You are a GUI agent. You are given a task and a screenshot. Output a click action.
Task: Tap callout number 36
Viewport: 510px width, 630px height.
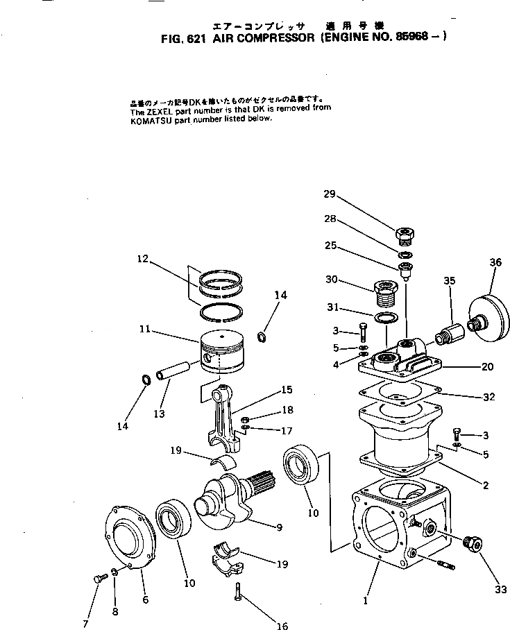point(495,262)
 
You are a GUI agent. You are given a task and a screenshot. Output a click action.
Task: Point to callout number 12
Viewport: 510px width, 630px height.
point(142,259)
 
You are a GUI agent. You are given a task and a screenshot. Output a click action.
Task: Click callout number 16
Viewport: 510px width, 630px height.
point(282,626)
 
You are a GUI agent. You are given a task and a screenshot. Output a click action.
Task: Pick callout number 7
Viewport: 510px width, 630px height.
point(85,624)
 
